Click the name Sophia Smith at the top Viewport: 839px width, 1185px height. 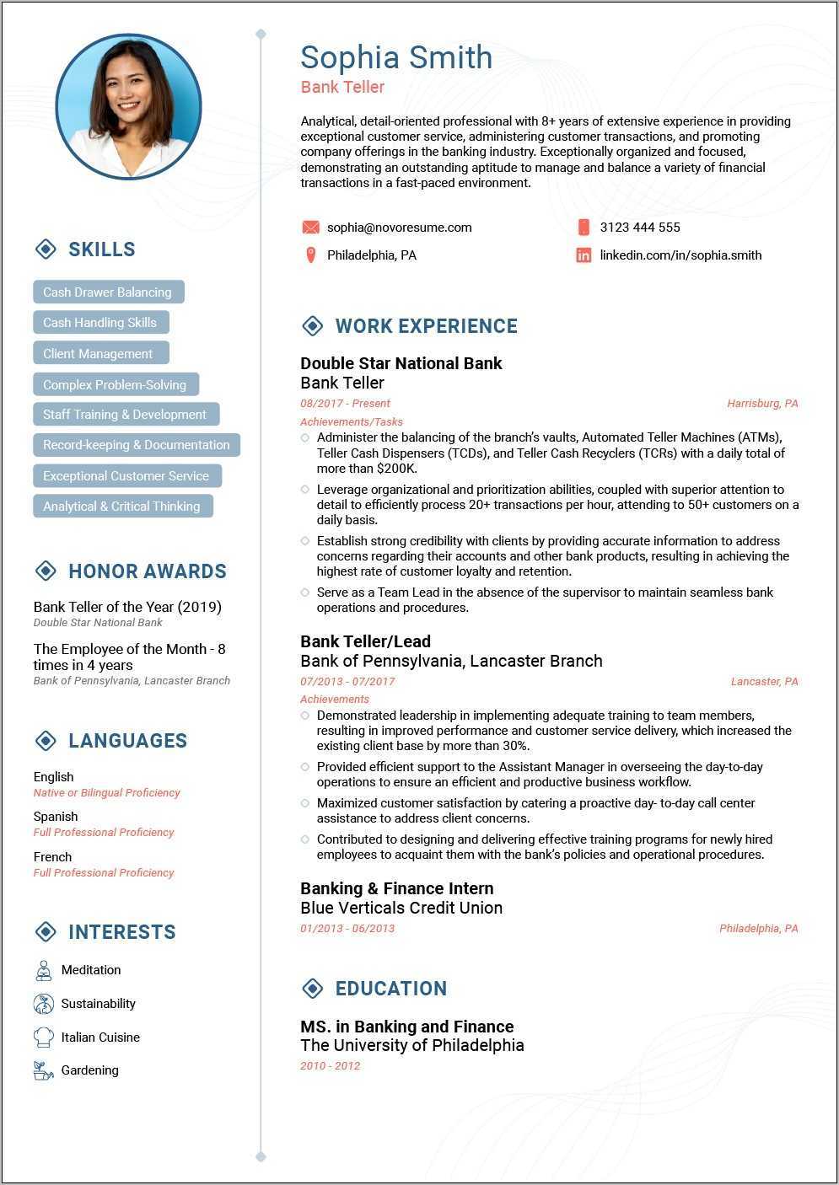(396, 57)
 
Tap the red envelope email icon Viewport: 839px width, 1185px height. (310, 228)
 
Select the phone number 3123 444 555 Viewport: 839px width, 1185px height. (639, 228)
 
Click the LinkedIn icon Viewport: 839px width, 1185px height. (584, 255)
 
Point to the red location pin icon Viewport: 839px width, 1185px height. (310, 255)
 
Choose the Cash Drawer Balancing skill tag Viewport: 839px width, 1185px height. (108, 292)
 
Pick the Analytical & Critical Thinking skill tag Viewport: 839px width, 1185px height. (122, 507)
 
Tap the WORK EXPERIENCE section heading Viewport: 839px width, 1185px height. (426, 326)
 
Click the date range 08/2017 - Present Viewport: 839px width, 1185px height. (345, 404)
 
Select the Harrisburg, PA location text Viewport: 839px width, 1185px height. (762, 404)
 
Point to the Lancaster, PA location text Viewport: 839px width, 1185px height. (764, 682)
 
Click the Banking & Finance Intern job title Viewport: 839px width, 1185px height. (396, 888)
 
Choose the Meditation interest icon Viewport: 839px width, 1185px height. (43, 970)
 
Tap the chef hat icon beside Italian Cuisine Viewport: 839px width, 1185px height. (43, 1038)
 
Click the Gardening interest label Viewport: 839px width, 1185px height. (89, 1070)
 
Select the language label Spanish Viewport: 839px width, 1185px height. (56, 817)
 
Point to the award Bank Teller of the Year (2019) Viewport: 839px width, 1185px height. (127, 607)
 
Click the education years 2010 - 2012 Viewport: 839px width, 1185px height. (330, 1066)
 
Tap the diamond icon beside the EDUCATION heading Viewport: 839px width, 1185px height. (312, 989)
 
